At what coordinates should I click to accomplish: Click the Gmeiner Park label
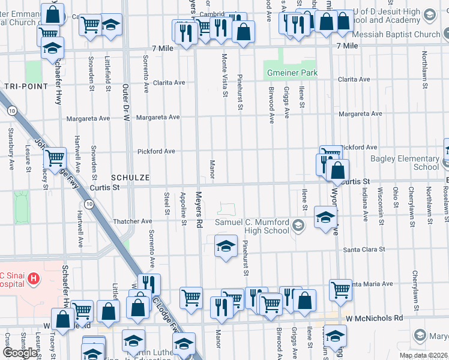tap(291, 73)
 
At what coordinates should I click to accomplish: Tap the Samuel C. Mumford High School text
tap(252, 226)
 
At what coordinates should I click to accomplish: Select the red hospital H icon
tap(34, 278)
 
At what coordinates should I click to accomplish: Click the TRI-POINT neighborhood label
tap(26, 86)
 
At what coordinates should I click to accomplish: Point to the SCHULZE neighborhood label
tap(130, 178)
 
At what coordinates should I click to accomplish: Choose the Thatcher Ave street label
tap(133, 221)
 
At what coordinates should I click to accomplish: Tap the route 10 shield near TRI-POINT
tap(11, 110)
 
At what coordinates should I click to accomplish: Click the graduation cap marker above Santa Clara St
tap(226, 246)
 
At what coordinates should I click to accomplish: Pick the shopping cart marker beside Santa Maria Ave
tap(340, 289)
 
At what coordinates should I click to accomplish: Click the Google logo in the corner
tap(20, 353)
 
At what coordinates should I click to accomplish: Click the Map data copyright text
tap(423, 355)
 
